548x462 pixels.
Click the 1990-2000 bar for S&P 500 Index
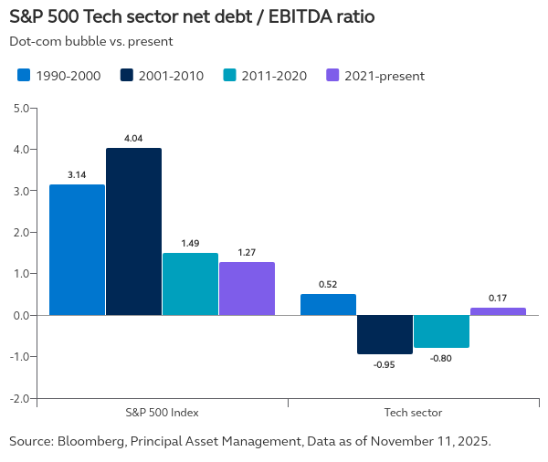pyautogui.click(x=77, y=249)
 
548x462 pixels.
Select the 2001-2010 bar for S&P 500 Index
pyautogui.click(x=133, y=231)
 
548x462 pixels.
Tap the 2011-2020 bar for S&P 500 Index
pyautogui.click(x=190, y=284)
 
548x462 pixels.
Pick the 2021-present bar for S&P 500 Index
pyautogui.click(x=247, y=289)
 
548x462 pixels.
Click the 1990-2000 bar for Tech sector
pyautogui.click(x=328, y=304)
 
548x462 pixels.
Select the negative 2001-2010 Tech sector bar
pyautogui.click(x=385, y=334)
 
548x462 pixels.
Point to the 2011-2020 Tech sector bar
pyautogui.click(x=441, y=331)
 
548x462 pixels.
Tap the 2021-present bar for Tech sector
pyautogui.click(x=498, y=311)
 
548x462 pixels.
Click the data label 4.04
pyautogui.click(x=133, y=138)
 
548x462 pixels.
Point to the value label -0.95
pyautogui.click(x=385, y=365)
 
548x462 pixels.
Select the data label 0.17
pyautogui.click(x=498, y=298)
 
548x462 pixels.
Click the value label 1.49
pyautogui.click(x=190, y=243)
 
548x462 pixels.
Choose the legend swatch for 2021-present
pyautogui.click(x=333, y=76)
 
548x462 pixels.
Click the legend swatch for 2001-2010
pyautogui.click(x=127, y=76)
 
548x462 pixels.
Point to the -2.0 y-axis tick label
pyautogui.click(x=17, y=398)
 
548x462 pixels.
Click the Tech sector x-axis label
pyautogui.click(x=413, y=413)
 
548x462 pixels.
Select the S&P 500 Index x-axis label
pyautogui.click(x=162, y=413)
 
